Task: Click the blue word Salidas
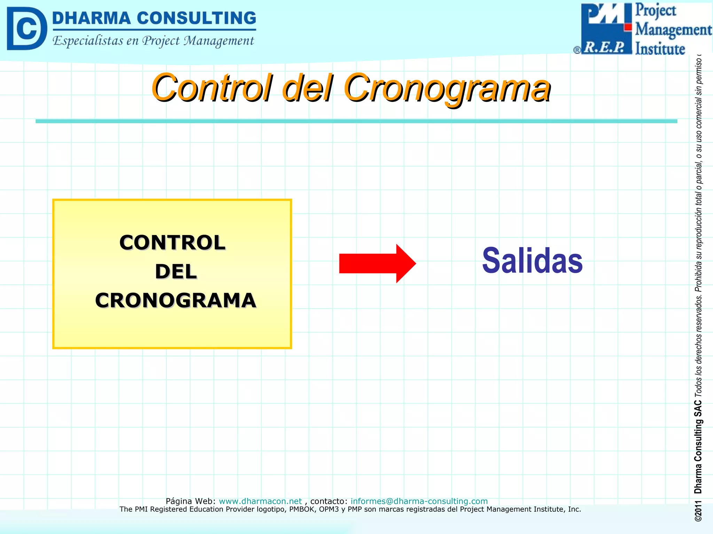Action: coord(532,260)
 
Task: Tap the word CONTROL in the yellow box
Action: coord(172,242)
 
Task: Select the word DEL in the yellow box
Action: coord(176,272)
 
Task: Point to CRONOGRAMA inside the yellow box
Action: coord(175,300)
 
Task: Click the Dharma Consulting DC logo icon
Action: coord(26,29)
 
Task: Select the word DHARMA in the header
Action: coord(91,18)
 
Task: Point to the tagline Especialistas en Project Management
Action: coord(153,41)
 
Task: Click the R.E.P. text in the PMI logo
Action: coord(604,47)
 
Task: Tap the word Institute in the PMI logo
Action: coord(660,49)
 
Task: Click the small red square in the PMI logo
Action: coord(628,27)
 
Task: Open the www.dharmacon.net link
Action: coord(260,501)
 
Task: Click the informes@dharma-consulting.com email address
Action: coord(419,501)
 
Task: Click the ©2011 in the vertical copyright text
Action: coord(698,511)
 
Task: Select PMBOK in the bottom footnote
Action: coord(303,509)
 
